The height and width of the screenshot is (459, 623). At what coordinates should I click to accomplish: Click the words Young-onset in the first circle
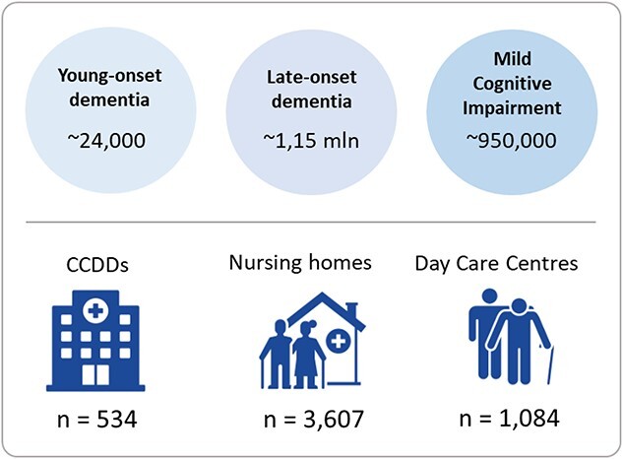(x=109, y=76)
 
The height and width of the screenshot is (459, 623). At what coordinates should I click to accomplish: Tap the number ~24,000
(x=106, y=141)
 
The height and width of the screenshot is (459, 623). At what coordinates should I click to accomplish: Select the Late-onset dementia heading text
(x=311, y=89)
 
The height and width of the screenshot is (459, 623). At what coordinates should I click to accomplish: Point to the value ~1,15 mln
(x=311, y=141)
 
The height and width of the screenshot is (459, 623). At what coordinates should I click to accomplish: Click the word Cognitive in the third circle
(x=512, y=84)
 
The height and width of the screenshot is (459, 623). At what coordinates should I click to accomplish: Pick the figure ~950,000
(x=512, y=141)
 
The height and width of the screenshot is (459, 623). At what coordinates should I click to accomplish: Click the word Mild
(x=513, y=59)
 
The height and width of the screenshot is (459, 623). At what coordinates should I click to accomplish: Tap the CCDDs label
(x=97, y=265)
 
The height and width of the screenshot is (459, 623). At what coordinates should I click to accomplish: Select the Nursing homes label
(x=300, y=263)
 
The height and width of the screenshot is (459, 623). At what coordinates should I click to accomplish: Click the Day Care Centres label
(x=496, y=263)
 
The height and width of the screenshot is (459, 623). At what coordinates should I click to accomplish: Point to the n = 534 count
(x=97, y=420)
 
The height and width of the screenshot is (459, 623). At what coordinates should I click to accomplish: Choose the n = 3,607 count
(x=314, y=419)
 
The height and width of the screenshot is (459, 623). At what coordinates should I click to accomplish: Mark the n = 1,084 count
(x=510, y=419)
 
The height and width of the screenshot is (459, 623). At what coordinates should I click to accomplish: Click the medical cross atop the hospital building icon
(x=95, y=310)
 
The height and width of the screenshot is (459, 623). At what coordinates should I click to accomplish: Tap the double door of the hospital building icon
(x=95, y=374)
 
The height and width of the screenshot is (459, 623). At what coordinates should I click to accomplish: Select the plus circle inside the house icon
(x=339, y=341)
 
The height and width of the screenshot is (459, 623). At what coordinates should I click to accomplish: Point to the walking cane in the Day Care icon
(x=549, y=363)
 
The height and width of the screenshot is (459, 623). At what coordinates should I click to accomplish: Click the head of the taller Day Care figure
(x=489, y=296)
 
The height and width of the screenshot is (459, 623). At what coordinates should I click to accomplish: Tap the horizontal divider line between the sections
(x=311, y=222)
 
